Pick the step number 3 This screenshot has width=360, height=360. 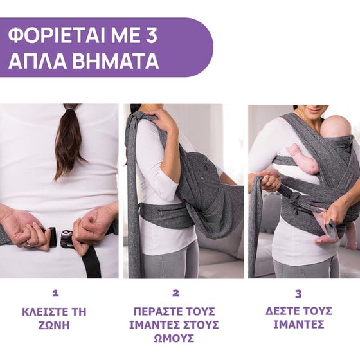coord(298,293)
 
